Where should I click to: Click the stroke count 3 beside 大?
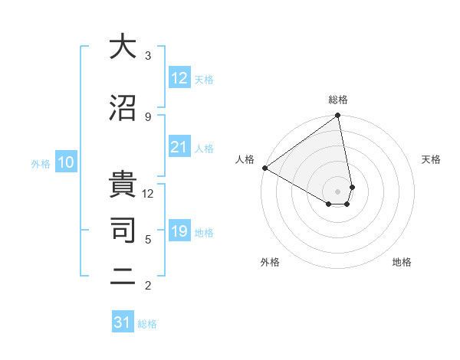[x=148, y=56]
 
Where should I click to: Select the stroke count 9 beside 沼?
[x=148, y=117]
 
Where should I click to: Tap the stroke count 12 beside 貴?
[x=148, y=194]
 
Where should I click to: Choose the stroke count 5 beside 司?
[x=148, y=240]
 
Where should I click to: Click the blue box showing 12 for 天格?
[x=179, y=78]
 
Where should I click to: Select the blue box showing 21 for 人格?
[x=179, y=147]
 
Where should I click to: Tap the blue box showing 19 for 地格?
[x=179, y=231]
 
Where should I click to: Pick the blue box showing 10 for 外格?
[x=66, y=162]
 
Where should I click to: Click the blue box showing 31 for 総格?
[x=123, y=322]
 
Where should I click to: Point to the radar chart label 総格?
[x=338, y=100]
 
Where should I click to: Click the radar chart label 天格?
[x=431, y=159]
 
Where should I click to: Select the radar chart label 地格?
[x=402, y=262]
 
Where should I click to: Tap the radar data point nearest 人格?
[x=264, y=168]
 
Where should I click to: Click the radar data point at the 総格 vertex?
[x=338, y=116]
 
